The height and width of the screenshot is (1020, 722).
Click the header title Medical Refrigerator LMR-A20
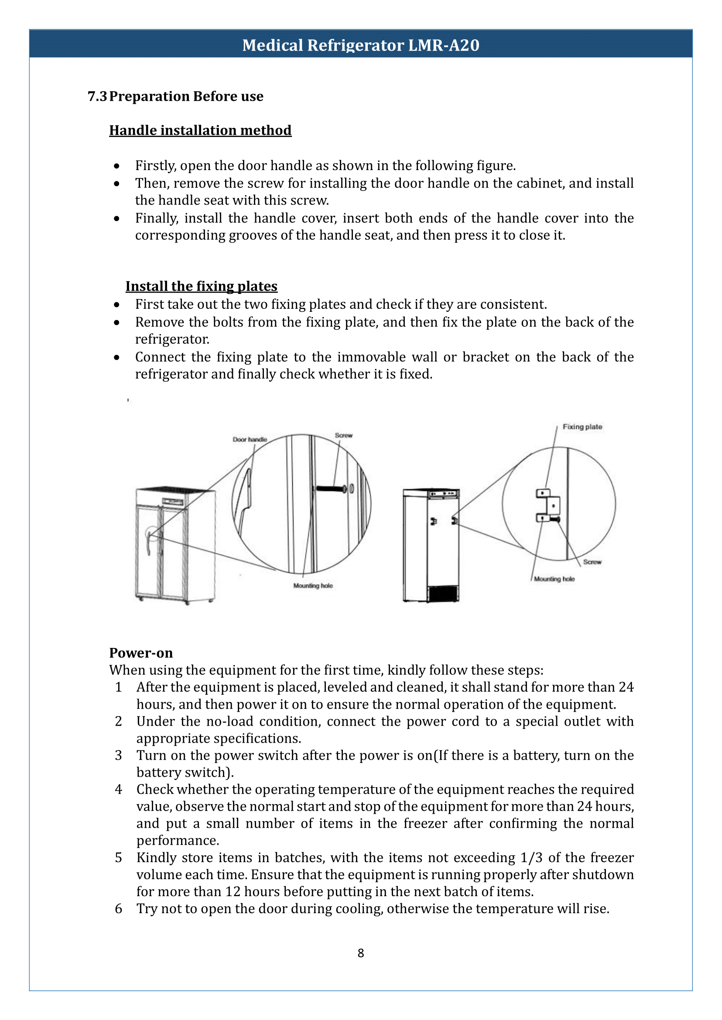360,45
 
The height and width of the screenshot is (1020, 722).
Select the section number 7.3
97,96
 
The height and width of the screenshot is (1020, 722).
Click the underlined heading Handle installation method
200,130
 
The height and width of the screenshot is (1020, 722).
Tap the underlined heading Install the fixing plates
202,286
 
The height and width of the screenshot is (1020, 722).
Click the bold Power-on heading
141,653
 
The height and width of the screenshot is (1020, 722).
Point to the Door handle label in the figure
250,440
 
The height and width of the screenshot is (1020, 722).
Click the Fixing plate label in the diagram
582,426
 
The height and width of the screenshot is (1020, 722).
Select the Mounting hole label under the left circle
312,586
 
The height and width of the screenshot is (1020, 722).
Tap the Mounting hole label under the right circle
554,579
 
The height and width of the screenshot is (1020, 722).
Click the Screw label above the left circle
343,436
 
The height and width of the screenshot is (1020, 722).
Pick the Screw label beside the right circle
592,562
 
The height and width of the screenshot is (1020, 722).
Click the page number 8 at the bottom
360,953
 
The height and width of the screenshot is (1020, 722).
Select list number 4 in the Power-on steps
118,789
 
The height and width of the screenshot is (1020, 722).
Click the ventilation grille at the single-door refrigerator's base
443,594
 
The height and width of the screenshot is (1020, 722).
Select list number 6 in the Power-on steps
118,909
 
